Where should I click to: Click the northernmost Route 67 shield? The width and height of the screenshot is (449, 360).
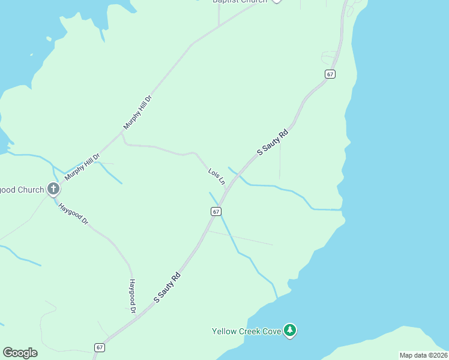[330, 74]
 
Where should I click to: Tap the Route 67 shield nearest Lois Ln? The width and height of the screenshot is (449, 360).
[216, 211]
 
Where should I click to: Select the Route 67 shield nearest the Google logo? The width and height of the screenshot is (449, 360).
[100, 347]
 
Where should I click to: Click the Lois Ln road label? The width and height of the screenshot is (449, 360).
[216, 176]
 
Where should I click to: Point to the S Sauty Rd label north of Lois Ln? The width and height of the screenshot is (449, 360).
[273, 142]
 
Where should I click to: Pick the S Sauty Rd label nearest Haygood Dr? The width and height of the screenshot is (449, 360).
[167, 287]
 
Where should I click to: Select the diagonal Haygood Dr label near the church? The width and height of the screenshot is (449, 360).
[73, 213]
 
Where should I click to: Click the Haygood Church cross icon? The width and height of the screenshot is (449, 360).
[53, 190]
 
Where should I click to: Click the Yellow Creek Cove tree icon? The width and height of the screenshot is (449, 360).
[291, 331]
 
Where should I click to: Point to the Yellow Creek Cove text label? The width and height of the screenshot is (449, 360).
[247, 331]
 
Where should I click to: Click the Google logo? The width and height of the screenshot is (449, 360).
[20, 352]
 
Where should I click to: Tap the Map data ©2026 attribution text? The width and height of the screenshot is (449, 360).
[423, 355]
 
